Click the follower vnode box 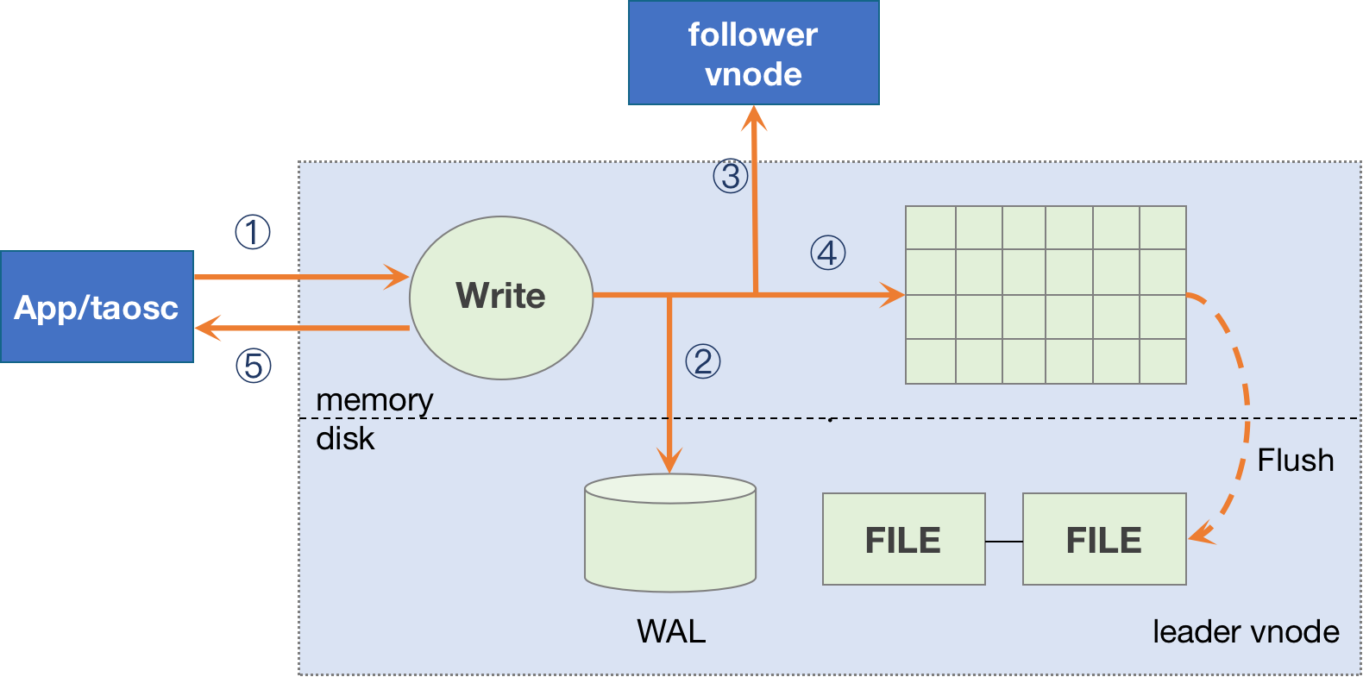753,53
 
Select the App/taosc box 97,307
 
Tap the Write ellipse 500,297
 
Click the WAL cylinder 670,535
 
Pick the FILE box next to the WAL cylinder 903,540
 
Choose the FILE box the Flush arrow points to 1103,540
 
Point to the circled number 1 253,232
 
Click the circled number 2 702,361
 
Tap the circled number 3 730,176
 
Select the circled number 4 827,253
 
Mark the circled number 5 254,366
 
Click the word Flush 1295,461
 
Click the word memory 374,400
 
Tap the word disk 345,439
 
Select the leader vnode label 1245,632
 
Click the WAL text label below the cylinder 671,631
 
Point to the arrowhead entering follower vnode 754,118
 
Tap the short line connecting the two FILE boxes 1004,542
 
